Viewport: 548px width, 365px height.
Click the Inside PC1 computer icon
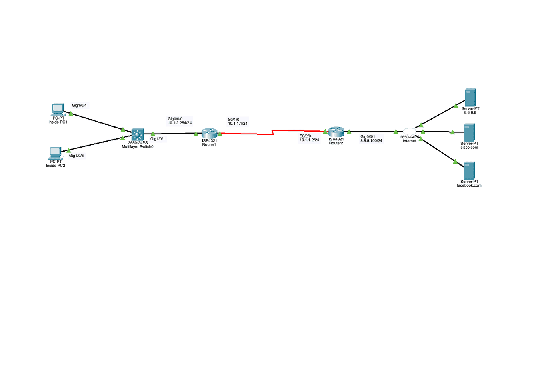[x=58, y=109]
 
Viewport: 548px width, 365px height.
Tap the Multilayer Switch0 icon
[x=137, y=134]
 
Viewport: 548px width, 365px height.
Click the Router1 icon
[x=209, y=133]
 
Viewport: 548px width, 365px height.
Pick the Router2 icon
[x=336, y=132]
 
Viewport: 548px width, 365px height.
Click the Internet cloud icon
[x=409, y=131]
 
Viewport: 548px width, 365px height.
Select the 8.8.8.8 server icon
[x=470, y=97]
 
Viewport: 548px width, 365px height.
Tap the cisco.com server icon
[x=469, y=132]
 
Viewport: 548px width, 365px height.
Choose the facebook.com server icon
[x=469, y=170]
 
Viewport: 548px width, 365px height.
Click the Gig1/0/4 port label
[x=79, y=106]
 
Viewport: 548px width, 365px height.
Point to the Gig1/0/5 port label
[x=76, y=156]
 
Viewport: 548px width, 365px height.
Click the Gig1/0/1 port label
[x=158, y=139]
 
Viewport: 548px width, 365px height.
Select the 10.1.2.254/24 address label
[x=180, y=123]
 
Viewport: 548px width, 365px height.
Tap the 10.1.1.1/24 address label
[x=238, y=124]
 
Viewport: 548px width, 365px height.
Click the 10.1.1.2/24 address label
[x=309, y=140]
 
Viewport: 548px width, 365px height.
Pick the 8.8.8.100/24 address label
[x=371, y=141]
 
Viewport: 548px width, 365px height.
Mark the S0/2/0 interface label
[x=305, y=136]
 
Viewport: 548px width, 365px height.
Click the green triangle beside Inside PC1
[x=71, y=114]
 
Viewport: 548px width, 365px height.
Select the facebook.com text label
[x=469, y=185]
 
